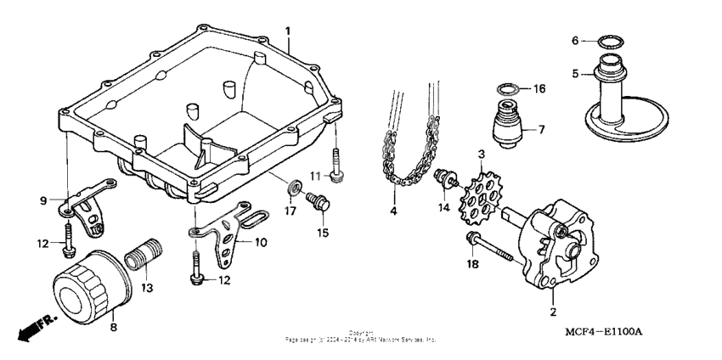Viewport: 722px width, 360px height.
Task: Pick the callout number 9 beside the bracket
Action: click(42, 201)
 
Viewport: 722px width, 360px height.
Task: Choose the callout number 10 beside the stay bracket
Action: click(261, 242)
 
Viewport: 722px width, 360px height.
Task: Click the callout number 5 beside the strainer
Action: click(574, 74)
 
